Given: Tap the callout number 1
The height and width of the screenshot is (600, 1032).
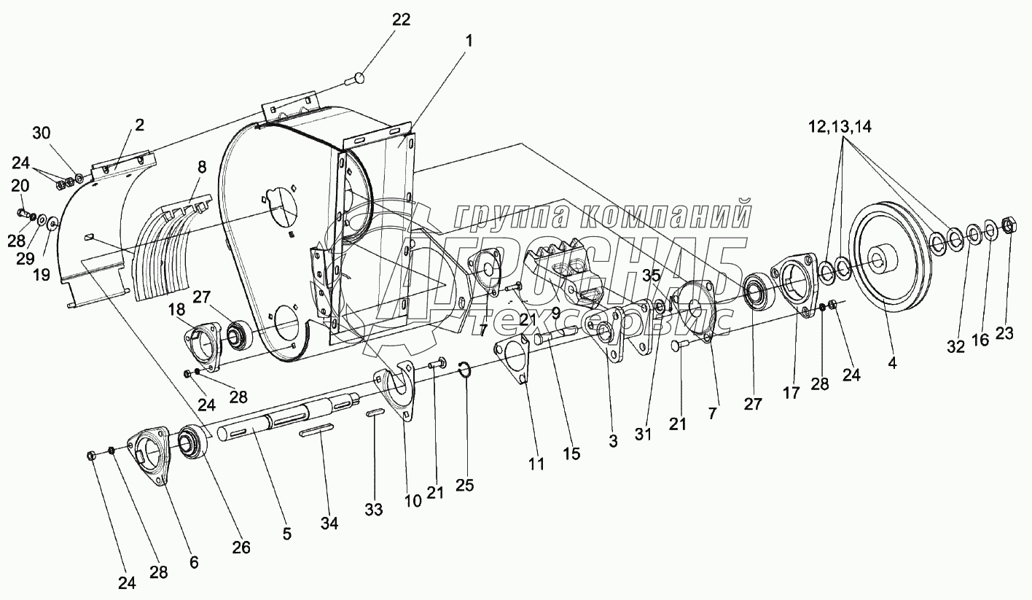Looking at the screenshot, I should (x=469, y=42).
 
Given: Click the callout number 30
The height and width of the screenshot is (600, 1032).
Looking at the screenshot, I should (x=42, y=133).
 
